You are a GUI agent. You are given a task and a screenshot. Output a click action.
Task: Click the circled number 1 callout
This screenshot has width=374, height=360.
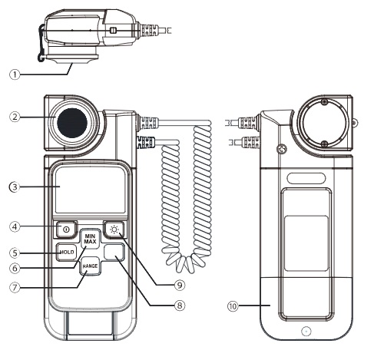pyautogui.click(x=15, y=74)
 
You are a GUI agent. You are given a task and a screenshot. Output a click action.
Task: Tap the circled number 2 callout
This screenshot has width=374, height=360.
pyautogui.click(x=15, y=117)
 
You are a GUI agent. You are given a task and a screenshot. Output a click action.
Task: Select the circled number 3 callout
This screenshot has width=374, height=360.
pyautogui.click(x=15, y=187)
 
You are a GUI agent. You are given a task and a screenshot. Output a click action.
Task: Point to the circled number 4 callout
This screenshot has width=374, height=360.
pyautogui.click(x=15, y=226)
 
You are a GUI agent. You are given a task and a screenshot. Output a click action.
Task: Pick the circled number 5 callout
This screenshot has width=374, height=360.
pyautogui.click(x=15, y=253)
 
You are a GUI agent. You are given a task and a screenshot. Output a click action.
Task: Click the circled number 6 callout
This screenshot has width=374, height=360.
pyautogui.click(x=15, y=268)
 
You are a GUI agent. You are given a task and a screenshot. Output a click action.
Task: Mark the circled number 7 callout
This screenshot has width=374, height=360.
pyautogui.click(x=15, y=287)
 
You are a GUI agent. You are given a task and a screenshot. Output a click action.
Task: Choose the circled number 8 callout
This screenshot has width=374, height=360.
pyautogui.click(x=180, y=306)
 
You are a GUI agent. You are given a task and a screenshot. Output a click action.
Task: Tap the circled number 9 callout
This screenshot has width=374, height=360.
pyautogui.click(x=180, y=285)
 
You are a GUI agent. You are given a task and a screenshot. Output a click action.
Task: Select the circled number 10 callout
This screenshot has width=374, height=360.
pyautogui.click(x=233, y=306)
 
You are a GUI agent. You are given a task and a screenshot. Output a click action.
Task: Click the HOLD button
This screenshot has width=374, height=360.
pyautogui.click(x=67, y=252)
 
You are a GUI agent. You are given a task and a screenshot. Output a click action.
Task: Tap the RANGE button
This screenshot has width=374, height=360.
pyautogui.click(x=90, y=266)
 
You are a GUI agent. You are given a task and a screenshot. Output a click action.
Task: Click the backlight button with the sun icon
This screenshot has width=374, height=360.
pyautogui.click(x=114, y=230)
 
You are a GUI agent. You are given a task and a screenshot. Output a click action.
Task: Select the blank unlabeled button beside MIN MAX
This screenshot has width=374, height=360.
pyautogui.click(x=114, y=252)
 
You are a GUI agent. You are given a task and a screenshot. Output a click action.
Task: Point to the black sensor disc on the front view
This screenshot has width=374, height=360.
pyautogui.click(x=72, y=123)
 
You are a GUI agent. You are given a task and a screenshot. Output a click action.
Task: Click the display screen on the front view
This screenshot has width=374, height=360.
pyautogui.click(x=91, y=190)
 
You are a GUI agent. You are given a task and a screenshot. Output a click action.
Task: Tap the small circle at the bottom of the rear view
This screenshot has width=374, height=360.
pyautogui.click(x=306, y=332)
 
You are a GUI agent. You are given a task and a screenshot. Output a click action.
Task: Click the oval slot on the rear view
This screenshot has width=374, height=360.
pyautogui.click(x=306, y=178)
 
